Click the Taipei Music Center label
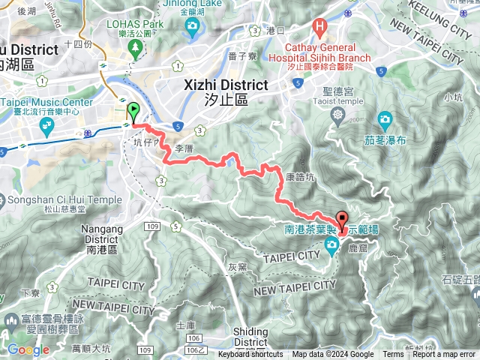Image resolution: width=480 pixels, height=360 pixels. click(49, 103)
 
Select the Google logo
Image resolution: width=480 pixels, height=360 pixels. click(28, 349)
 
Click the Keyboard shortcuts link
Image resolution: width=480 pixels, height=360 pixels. click(250, 355)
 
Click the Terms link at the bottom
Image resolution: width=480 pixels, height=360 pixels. click(392, 355)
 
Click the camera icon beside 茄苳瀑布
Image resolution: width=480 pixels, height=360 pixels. click(384, 118)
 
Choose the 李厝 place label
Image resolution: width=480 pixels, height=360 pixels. click(184, 149)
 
